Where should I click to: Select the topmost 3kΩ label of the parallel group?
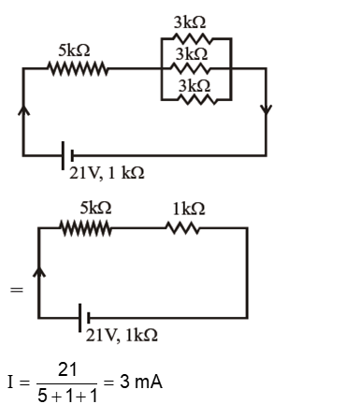[192, 21]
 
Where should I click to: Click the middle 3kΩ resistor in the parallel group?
[192, 67]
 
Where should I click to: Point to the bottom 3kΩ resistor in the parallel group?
[192, 98]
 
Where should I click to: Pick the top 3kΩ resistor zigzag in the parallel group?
[192, 39]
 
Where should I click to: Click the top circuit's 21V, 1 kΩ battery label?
[106, 173]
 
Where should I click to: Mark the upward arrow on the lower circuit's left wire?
[38, 273]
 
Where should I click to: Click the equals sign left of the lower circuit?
[14, 291]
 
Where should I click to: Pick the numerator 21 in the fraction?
[67, 372]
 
